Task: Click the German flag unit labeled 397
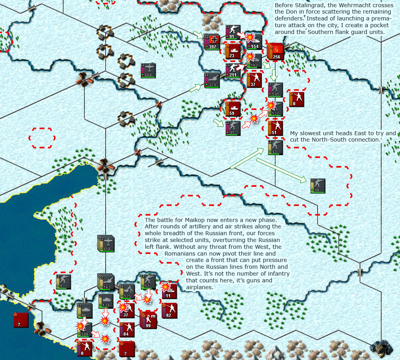pyautogui.click(x=212, y=41)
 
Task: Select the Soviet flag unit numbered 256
pyautogui.click(x=276, y=51)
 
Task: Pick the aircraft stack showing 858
pyautogui.click(x=106, y=244)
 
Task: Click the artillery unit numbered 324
pyautogui.click(x=212, y=79)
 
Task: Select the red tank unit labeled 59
pyautogui.click(x=233, y=109)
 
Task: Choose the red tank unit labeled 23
pyautogui.click(x=233, y=51)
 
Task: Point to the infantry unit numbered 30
pyautogui.click(x=318, y=186)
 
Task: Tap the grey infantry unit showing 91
pyautogui.click(x=233, y=32)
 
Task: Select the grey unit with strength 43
pyautogui.click(x=276, y=147)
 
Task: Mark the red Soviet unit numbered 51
pyautogui.click(x=276, y=128)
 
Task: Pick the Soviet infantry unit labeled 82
pyautogui.click(x=170, y=310)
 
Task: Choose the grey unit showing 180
pyautogui.click(x=85, y=330)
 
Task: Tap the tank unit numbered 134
pyautogui.click(x=106, y=301)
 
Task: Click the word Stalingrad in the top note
pyautogui.click(x=303, y=5)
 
